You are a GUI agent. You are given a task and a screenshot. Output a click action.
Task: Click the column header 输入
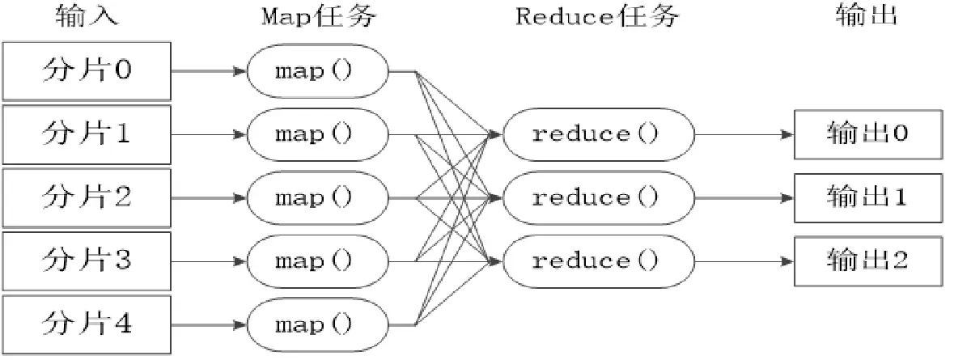click(x=86, y=15)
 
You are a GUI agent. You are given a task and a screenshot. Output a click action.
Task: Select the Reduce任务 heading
click(x=597, y=15)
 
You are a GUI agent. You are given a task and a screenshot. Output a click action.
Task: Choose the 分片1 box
click(x=86, y=133)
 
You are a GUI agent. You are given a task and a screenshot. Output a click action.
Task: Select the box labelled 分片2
click(x=86, y=197)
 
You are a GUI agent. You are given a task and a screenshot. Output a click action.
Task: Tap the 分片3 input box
click(x=86, y=260)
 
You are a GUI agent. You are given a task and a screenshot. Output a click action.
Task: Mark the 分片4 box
click(x=86, y=324)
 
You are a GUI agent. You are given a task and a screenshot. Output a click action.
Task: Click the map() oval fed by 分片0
click(x=317, y=70)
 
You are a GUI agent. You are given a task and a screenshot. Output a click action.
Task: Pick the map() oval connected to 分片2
click(x=317, y=197)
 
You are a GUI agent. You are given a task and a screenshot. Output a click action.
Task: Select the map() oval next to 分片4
click(x=317, y=324)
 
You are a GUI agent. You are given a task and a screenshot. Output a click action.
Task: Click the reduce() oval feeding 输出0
click(x=598, y=134)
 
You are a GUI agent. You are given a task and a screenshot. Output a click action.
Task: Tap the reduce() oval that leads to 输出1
click(x=598, y=197)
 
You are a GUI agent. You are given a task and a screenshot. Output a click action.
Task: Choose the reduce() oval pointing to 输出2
click(x=598, y=260)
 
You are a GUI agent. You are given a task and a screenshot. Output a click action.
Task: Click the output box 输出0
click(x=868, y=134)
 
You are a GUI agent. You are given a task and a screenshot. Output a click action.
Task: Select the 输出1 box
click(x=868, y=197)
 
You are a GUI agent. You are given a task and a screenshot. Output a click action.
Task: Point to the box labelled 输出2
click(x=868, y=260)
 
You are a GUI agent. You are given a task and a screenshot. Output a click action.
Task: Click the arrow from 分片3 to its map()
click(x=208, y=260)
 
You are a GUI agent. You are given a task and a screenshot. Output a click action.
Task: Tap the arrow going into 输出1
click(x=744, y=197)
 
